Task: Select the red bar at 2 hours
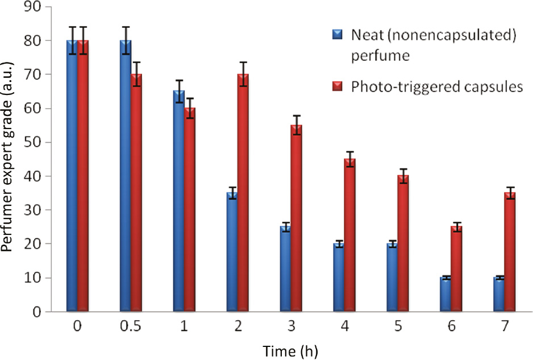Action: [243, 193]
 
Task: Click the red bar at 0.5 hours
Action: [136, 193]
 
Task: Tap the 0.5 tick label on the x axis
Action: [131, 329]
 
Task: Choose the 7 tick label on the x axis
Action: [505, 329]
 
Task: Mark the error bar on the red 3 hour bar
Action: [297, 125]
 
